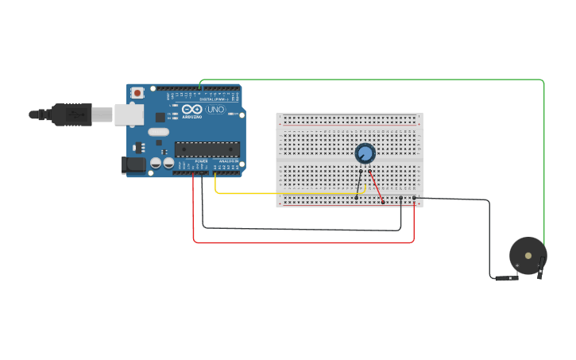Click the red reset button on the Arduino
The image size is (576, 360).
pyautogui.click(x=137, y=93)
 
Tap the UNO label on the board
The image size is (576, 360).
pyautogui.click(x=216, y=110)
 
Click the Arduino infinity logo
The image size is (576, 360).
pyautogui.click(x=192, y=110)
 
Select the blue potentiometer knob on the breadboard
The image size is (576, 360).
pyautogui.click(x=365, y=153)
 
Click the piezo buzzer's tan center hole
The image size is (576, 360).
pyautogui.click(x=528, y=254)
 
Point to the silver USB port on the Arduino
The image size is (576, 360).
pyautogui.click(x=128, y=114)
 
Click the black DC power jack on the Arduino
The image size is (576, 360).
pyautogui.click(x=133, y=165)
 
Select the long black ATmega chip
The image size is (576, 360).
pyautogui.click(x=207, y=149)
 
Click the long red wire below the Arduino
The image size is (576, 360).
pyautogui.click(x=302, y=242)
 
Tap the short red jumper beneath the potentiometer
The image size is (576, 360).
pyautogui.click(x=376, y=187)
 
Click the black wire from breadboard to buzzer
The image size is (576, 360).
pyautogui.click(x=489, y=238)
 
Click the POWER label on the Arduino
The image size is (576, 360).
pyautogui.click(x=201, y=161)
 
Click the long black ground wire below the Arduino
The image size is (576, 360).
pyautogui.click(x=302, y=230)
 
